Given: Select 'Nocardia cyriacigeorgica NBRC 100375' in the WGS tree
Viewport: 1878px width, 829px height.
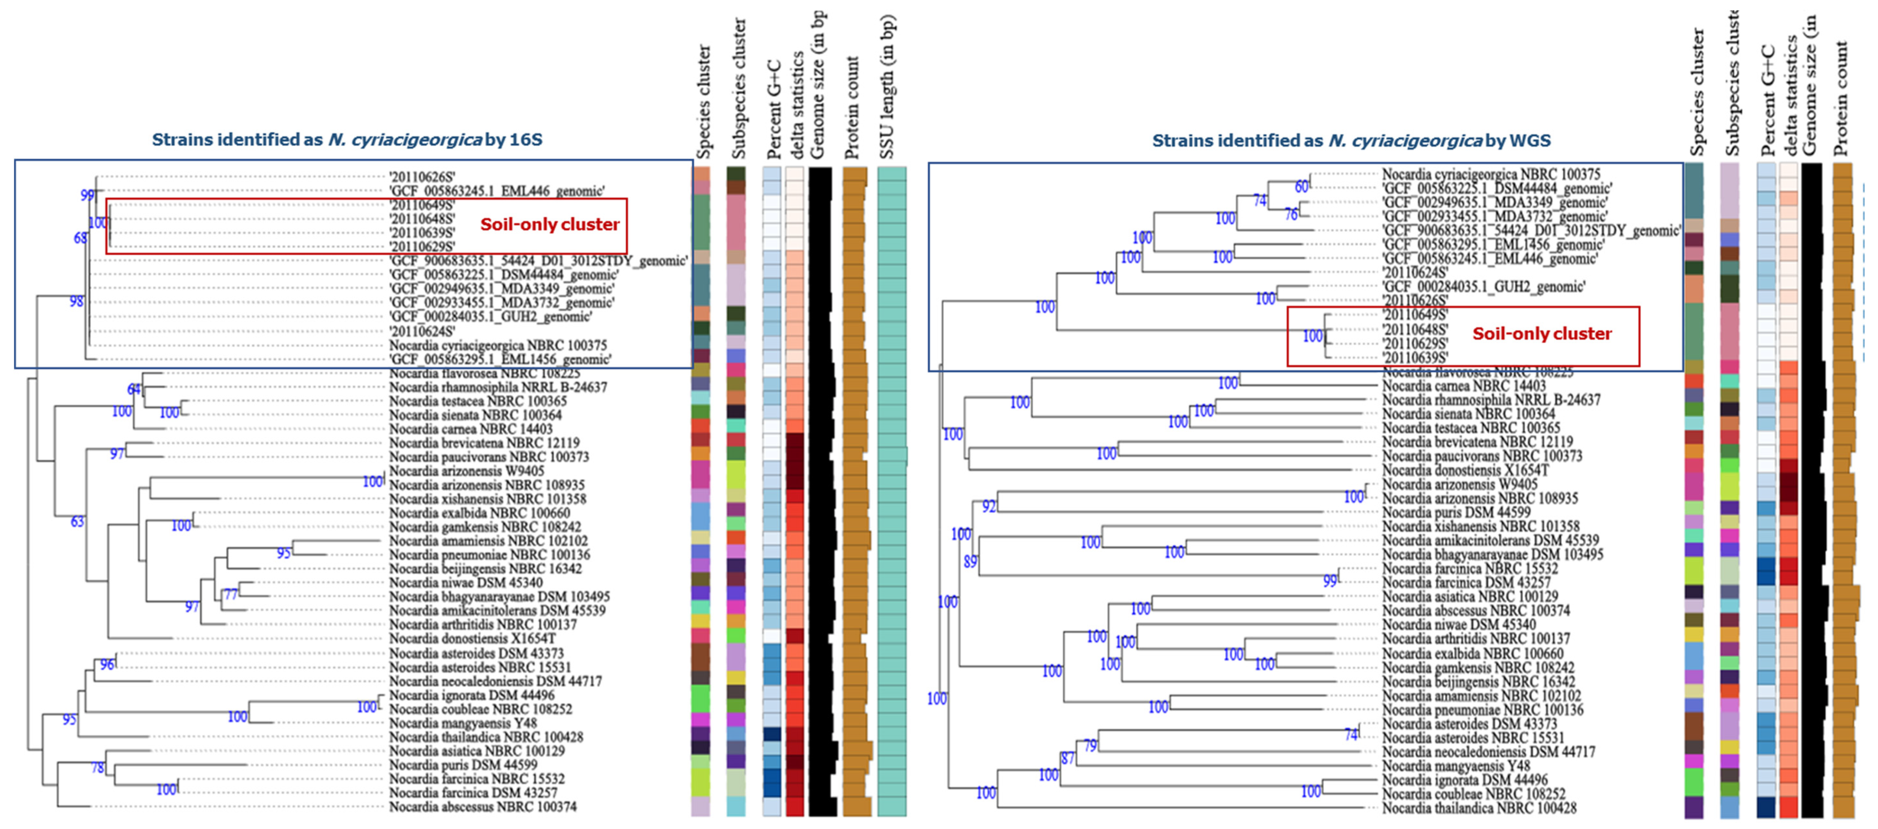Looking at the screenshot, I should (x=1491, y=174).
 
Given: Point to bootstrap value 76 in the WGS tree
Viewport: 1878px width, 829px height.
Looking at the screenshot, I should (x=1291, y=214).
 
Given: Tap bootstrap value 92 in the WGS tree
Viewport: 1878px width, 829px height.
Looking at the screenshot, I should (x=989, y=506).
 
